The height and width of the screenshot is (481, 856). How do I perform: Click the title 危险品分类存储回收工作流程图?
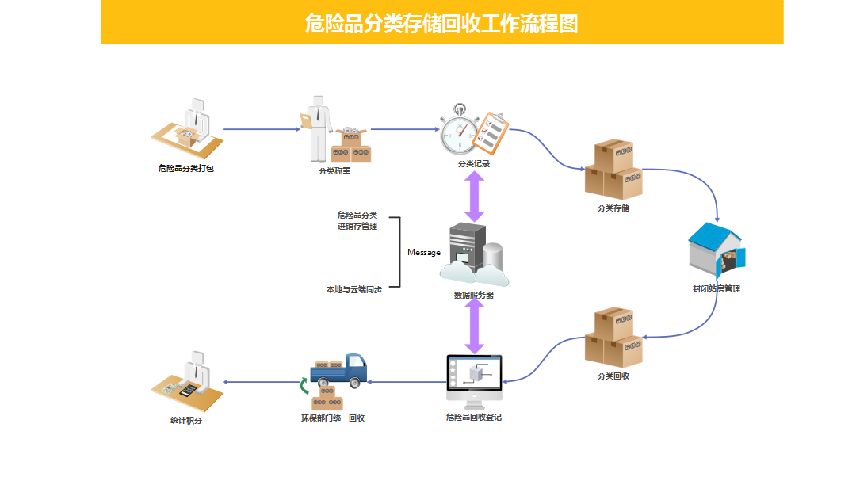(441, 23)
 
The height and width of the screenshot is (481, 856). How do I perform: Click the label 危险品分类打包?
(186, 168)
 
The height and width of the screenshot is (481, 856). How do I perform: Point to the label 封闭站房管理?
(716, 289)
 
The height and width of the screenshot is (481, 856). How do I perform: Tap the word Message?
(424, 253)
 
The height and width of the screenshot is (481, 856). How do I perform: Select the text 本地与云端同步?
(354, 290)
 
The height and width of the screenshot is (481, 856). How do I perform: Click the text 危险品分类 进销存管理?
(357, 220)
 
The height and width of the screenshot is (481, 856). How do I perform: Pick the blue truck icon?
(339, 371)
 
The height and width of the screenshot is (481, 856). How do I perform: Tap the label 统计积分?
(186, 421)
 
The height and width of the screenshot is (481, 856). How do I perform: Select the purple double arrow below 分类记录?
(474, 197)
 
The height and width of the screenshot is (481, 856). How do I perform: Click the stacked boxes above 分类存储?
(613, 170)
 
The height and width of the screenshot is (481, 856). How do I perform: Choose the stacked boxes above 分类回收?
(613, 338)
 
